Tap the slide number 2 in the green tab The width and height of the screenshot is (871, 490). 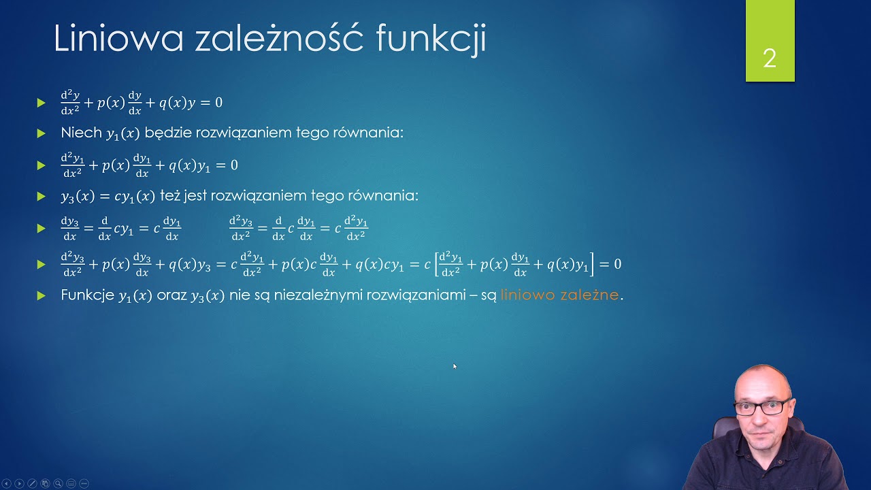pyautogui.click(x=770, y=59)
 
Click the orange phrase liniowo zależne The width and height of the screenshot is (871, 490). pyautogui.click(x=559, y=295)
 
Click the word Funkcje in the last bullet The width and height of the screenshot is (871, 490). pyautogui.click(x=87, y=295)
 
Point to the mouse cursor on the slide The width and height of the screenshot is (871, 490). pyautogui.click(x=455, y=366)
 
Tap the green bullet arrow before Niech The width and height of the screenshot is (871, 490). pyautogui.click(x=41, y=133)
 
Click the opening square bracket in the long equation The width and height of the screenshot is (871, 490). pyautogui.click(x=435, y=264)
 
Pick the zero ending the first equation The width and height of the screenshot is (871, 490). pyautogui.click(x=218, y=103)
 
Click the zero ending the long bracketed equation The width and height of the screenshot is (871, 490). pyautogui.click(x=617, y=264)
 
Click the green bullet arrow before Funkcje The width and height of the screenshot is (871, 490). pyautogui.click(x=41, y=295)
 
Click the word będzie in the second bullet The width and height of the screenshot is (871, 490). pyautogui.click(x=168, y=133)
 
